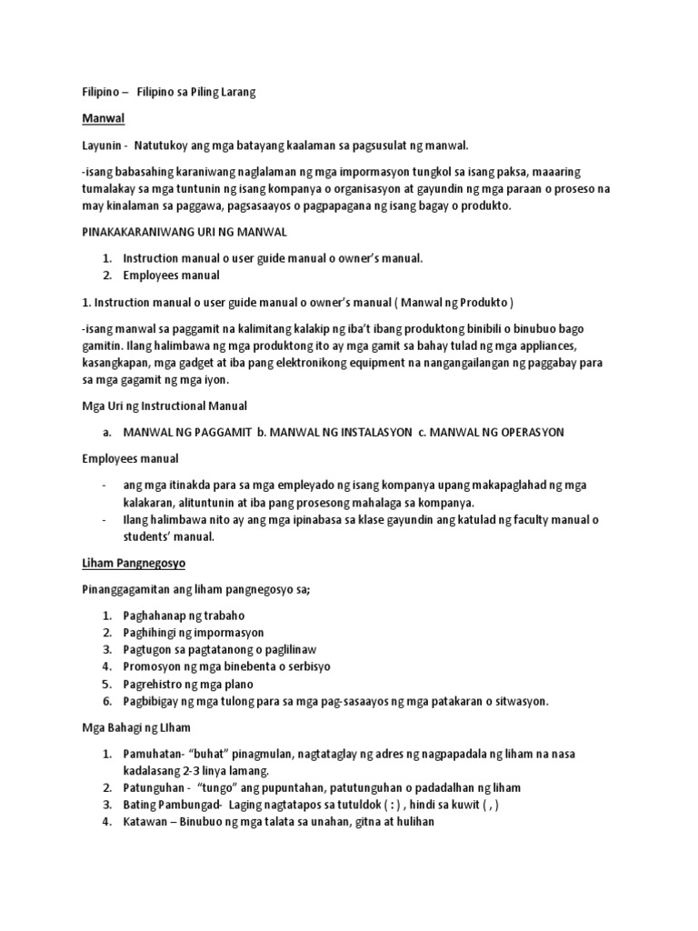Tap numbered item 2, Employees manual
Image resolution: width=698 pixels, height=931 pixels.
(x=171, y=275)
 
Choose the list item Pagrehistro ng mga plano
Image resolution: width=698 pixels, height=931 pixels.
(x=188, y=684)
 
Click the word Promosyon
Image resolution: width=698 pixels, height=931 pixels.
(x=151, y=666)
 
